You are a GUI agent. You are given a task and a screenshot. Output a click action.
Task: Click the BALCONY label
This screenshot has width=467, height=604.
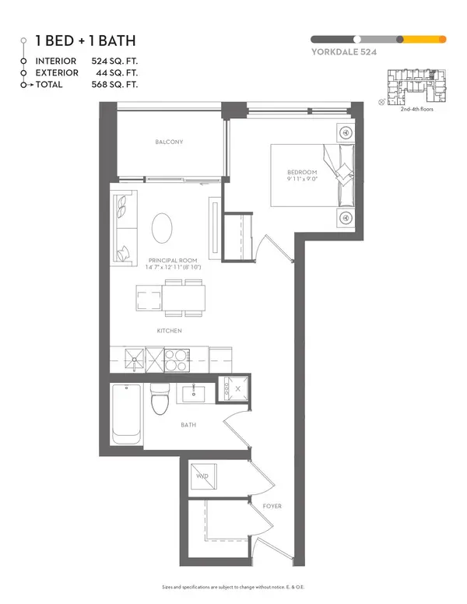(169, 142)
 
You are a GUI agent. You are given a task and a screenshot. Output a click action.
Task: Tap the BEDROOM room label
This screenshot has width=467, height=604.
(302, 172)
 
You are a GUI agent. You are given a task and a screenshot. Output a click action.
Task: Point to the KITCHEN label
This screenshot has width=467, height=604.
(169, 331)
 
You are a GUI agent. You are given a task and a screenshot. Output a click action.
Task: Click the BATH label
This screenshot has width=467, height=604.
(188, 425)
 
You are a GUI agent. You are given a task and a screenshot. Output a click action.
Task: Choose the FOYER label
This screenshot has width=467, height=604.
(272, 506)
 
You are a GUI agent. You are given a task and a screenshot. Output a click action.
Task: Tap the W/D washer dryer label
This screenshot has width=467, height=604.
(202, 476)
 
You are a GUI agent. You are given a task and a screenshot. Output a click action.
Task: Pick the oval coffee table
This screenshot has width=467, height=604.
(163, 230)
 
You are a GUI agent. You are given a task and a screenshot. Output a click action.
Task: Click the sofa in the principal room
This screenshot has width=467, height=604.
(123, 226)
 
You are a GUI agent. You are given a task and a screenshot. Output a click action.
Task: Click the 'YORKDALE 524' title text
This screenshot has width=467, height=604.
(341, 55)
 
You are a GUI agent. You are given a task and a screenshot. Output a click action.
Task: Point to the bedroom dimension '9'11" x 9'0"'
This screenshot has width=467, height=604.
(302, 180)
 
